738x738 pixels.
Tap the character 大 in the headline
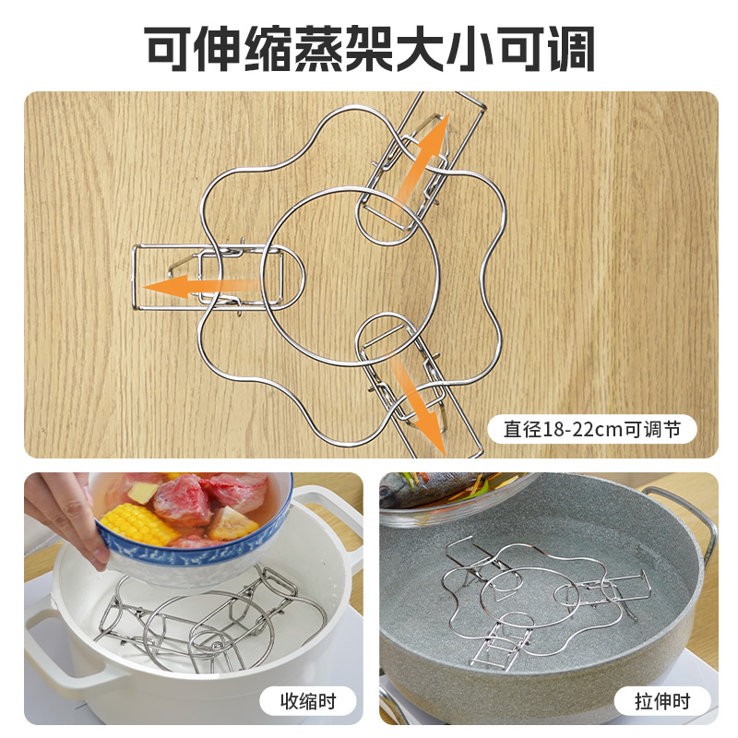(421, 49)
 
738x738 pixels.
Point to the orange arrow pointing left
(201, 286)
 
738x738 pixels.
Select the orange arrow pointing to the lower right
(417, 406)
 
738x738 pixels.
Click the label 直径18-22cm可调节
(591, 429)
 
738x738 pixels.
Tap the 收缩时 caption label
(308, 701)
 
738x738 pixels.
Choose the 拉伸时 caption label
(661, 701)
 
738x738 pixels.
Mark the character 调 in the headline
(571, 49)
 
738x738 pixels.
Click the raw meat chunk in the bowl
(183, 500)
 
